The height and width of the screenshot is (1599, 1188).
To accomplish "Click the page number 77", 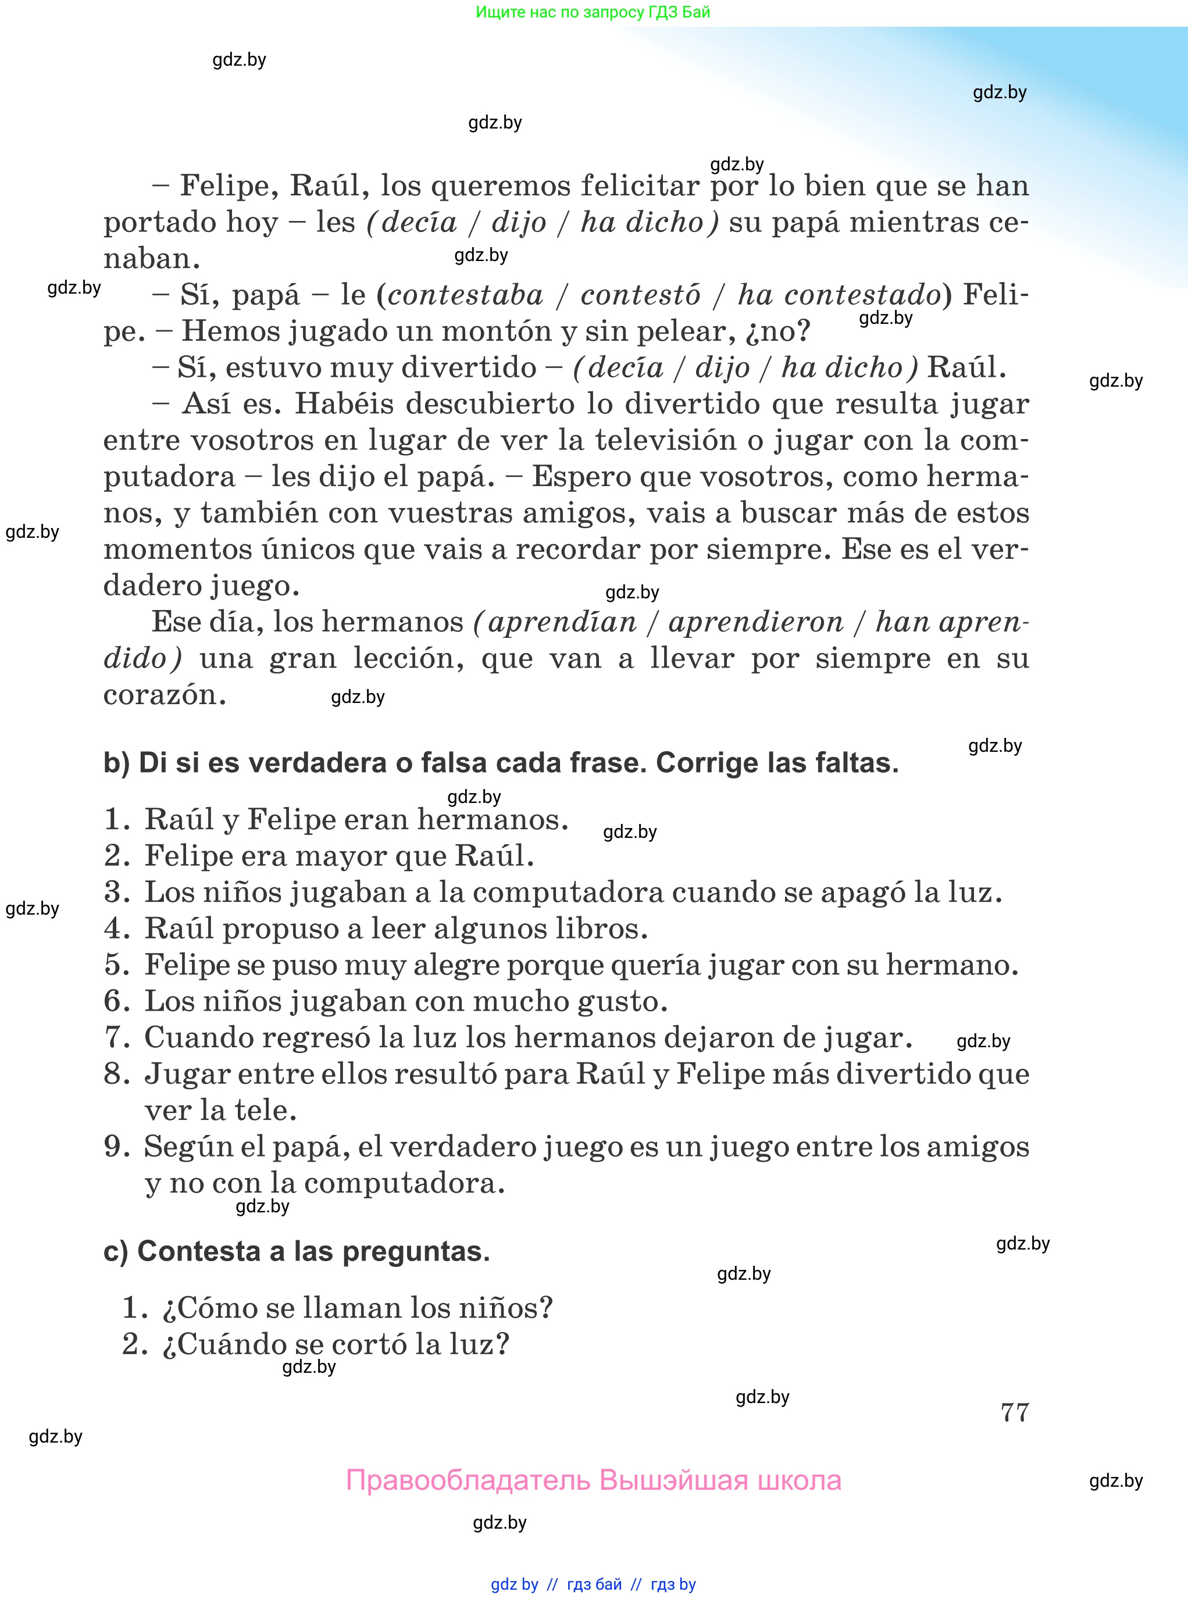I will pyautogui.click(x=1014, y=1413).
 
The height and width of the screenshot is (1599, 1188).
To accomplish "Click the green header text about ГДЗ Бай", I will pyautogui.click(x=593, y=12).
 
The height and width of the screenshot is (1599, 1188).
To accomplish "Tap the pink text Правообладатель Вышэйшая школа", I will pyautogui.click(x=593, y=1480).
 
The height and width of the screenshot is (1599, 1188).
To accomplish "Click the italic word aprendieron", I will pyautogui.click(x=756, y=622).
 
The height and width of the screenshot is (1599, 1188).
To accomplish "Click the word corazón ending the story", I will pyautogui.click(x=165, y=694).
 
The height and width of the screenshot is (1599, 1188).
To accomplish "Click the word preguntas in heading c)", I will pyautogui.click(x=415, y=1252).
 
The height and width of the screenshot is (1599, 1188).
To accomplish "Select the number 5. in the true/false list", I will pyautogui.click(x=116, y=965).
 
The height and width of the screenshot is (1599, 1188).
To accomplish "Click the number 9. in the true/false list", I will pyautogui.click(x=116, y=1147).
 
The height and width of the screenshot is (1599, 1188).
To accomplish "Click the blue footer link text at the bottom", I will pyautogui.click(x=593, y=1584).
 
